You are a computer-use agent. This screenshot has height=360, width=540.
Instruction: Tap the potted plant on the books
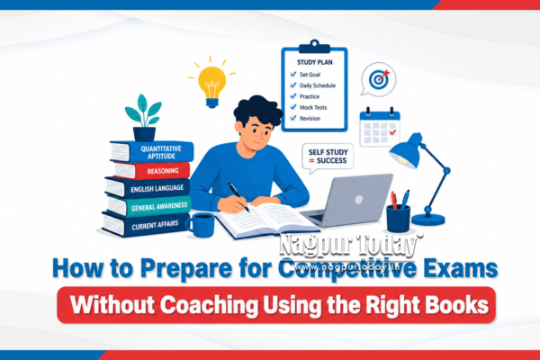point(144,118)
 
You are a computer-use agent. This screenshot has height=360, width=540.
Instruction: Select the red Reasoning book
point(151,170)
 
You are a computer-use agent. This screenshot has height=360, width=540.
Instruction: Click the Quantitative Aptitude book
point(151,151)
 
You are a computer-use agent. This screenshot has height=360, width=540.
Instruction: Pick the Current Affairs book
point(146,225)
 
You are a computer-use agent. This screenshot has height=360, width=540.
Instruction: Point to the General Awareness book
point(148,206)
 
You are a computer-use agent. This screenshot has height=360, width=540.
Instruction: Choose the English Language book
point(148,188)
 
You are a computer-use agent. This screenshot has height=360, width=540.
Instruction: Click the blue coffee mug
point(201,225)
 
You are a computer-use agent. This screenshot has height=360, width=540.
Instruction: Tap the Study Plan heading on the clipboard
point(315,62)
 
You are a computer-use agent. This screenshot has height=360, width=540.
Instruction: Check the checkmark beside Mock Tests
point(293,107)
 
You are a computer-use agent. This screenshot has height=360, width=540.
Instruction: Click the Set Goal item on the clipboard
point(310,75)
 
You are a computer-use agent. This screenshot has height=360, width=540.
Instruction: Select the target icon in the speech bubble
point(379,79)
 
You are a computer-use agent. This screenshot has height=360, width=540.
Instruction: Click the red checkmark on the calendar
point(392,132)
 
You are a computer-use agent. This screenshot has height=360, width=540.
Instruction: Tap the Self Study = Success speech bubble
point(328,157)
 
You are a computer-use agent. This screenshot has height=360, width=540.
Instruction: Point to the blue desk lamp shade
point(406,152)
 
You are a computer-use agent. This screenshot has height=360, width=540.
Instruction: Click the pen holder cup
point(398,219)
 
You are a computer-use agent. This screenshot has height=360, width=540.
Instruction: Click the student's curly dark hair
point(257,110)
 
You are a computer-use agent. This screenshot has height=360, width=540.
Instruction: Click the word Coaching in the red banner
point(209,305)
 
